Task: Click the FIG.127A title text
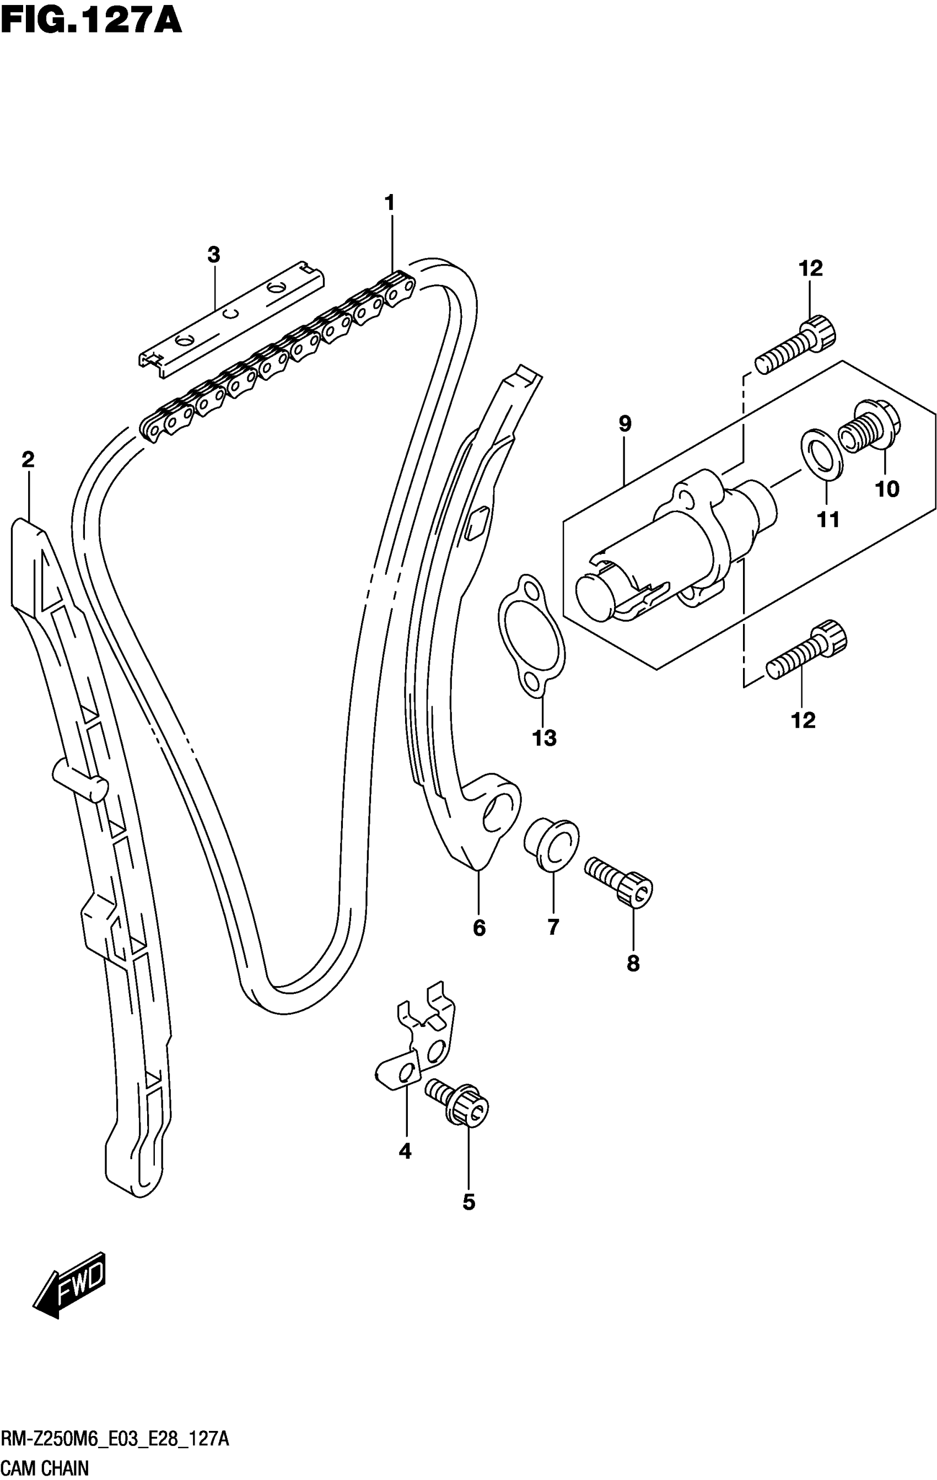(91, 20)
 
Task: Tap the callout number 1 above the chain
(390, 203)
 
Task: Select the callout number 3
(213, 255)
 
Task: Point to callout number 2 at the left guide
(28, 459)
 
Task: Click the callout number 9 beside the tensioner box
(625, 423)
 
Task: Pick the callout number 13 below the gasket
(545, 738)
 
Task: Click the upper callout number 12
(810, 268)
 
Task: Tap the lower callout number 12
(803, 720)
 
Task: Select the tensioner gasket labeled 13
(531, 637)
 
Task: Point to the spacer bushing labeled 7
(551, 844)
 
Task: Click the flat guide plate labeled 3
(231, 319)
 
